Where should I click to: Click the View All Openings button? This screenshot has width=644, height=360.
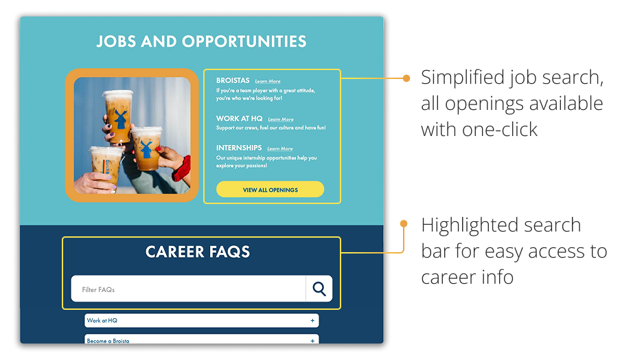[x=270, y=190]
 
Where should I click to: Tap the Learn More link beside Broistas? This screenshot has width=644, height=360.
[x=268, y=81]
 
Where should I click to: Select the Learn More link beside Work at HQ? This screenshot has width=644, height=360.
[x=281, y=120]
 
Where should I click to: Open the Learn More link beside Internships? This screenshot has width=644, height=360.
[x=280, y=149]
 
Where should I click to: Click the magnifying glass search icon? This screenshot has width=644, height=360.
[x=319, y=289]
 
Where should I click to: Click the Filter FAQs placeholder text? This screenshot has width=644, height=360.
[x=98, y=290]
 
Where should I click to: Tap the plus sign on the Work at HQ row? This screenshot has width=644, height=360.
[x=312, y=321]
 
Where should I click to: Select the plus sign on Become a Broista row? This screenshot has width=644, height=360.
[x=312, y=341]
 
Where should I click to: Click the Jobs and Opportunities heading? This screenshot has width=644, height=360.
[x=201, y=41]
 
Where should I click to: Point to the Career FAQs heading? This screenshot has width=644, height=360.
[x=198, y=251]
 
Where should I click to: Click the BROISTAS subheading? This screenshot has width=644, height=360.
[x=233, y=80]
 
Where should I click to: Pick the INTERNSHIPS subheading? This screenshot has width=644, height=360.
[x=239, y=148]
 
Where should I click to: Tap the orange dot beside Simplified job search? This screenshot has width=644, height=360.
[x=406, y=78]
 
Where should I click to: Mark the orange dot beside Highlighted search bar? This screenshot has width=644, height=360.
[x=404, y=223]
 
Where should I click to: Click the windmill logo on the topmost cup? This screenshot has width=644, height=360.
[x=120, y=119]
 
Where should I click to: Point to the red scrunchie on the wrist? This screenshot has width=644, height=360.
[x=183, y=168]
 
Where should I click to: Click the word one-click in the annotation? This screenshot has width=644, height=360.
[x=499, y=130]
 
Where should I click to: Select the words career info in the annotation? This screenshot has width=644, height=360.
[x=468, y=278]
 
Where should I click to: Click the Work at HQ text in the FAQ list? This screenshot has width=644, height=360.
[x=102, y=321]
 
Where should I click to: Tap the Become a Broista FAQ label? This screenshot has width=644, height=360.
[x=108, y=341]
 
